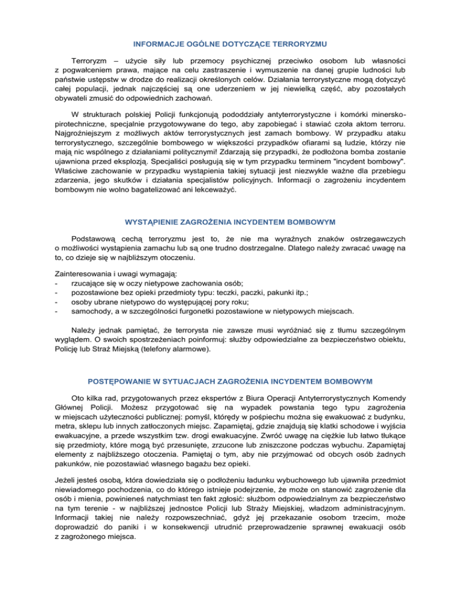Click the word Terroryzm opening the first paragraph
point(92,62)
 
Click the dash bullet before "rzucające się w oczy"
point(56,267)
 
